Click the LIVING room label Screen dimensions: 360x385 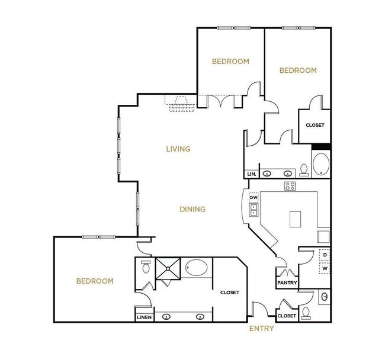[178, 149]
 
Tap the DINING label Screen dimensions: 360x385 [192, 209]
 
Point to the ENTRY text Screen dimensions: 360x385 [261, 329]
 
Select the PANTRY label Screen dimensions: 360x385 [287, 283]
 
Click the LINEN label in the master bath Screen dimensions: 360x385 [145, 317]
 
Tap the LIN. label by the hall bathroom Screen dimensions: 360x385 [251, 174]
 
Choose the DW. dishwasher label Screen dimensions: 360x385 [254, 197]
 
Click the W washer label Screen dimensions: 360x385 [325, 268]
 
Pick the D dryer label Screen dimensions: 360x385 [325, 255]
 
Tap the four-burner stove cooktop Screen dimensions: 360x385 [290, 187]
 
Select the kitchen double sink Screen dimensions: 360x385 [254, 210]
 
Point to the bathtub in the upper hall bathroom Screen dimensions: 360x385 [320, 165]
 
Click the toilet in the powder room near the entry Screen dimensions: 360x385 [306, 311]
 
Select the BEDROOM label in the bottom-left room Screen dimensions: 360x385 [94, 281]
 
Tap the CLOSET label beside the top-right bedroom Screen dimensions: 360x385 [314, 125]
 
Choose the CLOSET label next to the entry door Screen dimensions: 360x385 [287, 316]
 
